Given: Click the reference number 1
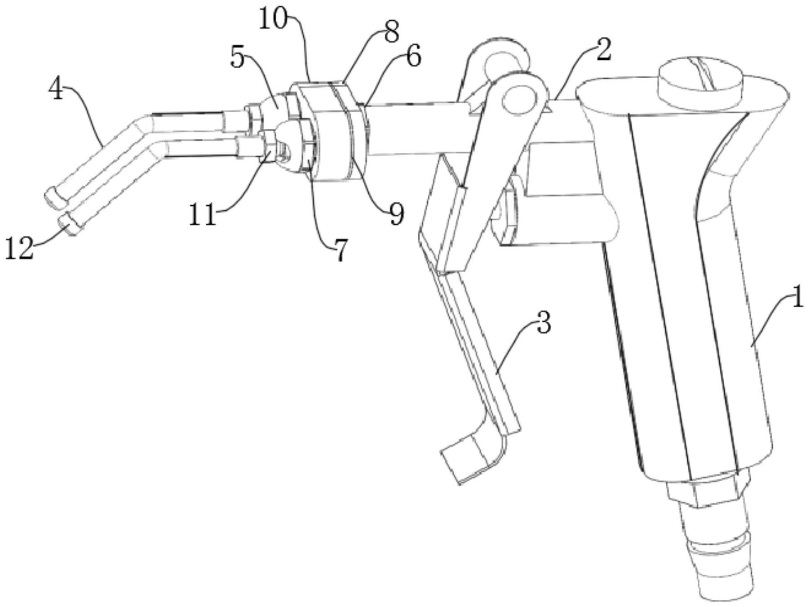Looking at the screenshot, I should pos(797,298).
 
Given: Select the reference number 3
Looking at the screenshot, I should pos(544,323).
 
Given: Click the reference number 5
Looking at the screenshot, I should pos(238,58).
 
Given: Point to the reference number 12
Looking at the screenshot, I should pos(19,248).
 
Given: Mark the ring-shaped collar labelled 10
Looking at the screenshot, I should pos(326,135).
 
